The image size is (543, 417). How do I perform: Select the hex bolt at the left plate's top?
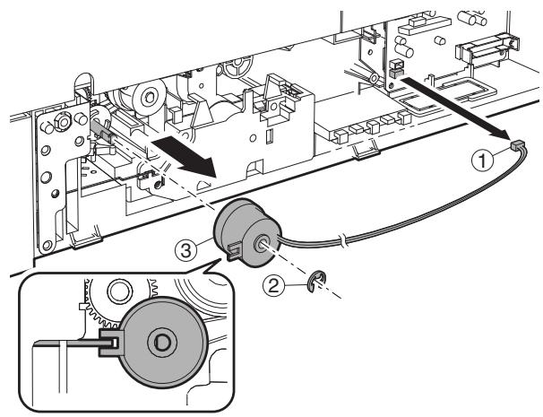click(x=62, y=120)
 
